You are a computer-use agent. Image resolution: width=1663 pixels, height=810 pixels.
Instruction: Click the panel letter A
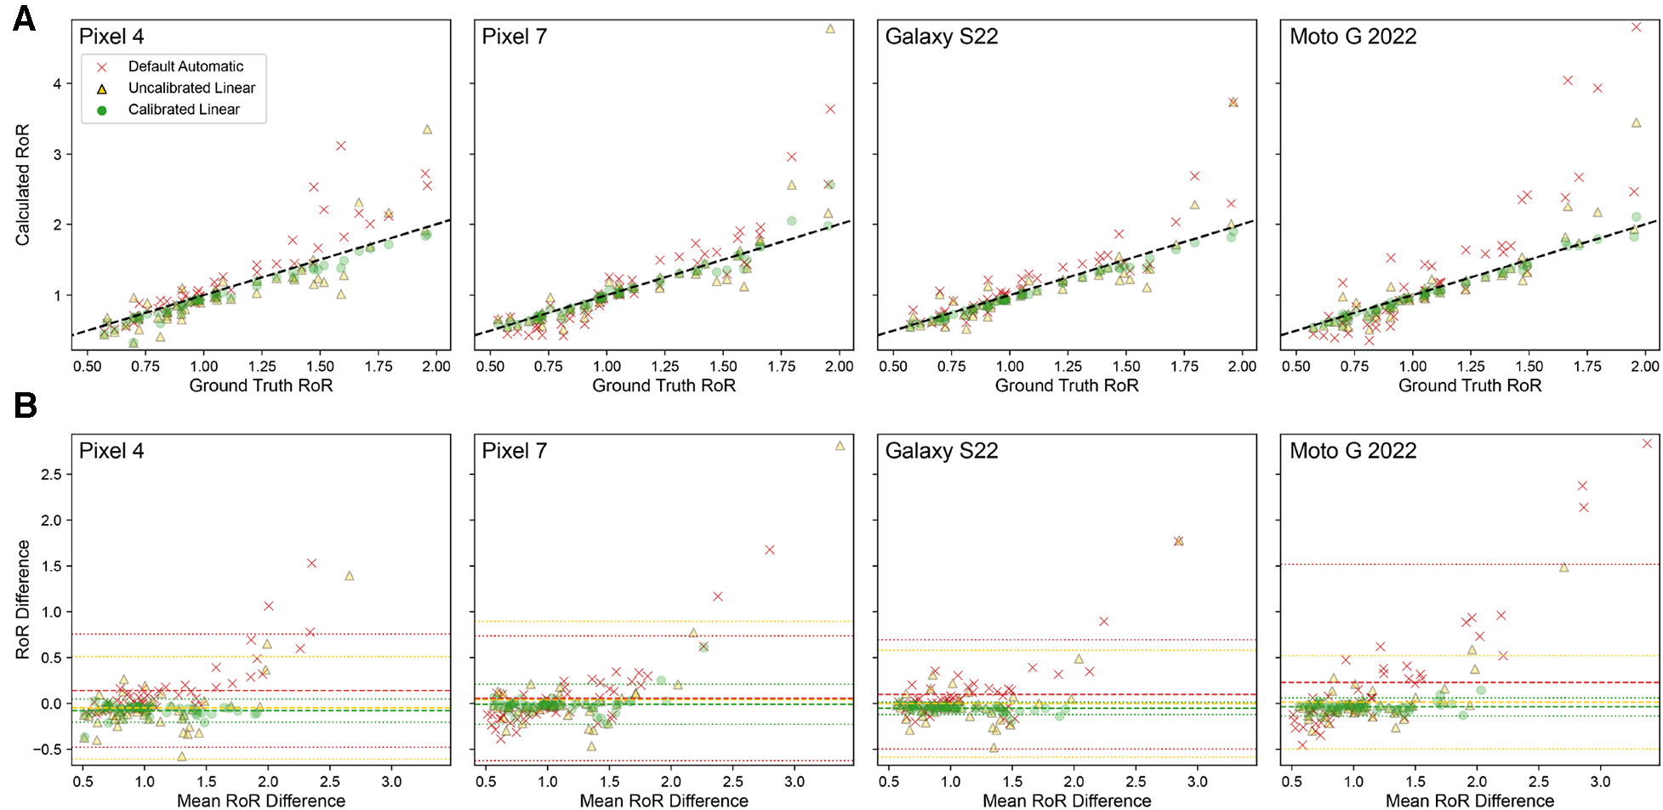(24, 18)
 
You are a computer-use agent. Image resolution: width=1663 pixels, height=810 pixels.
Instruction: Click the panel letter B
(25, 405)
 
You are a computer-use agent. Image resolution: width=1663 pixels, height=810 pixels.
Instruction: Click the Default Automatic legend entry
(185, 66)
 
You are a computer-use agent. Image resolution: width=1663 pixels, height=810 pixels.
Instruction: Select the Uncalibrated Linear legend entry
(191, 88)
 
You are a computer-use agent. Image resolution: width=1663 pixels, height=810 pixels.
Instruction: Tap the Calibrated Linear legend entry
(184, 110)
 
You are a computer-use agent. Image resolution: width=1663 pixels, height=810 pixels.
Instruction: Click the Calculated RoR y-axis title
(22, 185)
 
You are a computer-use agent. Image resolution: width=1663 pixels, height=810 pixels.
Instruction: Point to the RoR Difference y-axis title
(22, 599)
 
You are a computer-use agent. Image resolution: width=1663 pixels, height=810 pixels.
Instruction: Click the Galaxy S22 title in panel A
(941, 37)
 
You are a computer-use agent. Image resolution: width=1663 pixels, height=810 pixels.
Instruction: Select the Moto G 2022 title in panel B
(1353, 451)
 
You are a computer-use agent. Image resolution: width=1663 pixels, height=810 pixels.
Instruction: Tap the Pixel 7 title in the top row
(514, 37)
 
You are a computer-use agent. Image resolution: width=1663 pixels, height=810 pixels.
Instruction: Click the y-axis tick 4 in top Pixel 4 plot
(57, 83)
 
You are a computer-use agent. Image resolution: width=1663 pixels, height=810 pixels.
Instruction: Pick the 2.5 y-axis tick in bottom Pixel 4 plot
(51, 475)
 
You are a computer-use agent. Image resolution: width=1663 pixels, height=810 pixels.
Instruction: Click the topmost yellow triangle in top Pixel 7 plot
(830, 29)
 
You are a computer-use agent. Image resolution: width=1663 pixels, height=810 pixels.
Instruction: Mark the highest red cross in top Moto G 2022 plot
(1636, 27)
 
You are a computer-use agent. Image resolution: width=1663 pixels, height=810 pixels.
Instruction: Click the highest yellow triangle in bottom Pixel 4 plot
(349, 576)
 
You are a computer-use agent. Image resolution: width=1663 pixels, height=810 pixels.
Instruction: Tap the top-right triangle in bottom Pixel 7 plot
(840, 446)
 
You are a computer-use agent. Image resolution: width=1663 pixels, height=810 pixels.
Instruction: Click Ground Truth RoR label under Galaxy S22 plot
(1067, 385)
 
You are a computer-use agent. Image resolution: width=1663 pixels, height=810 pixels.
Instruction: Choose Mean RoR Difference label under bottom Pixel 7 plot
(663, 801)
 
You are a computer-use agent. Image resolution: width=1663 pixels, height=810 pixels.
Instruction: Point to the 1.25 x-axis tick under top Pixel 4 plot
(262, 367)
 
